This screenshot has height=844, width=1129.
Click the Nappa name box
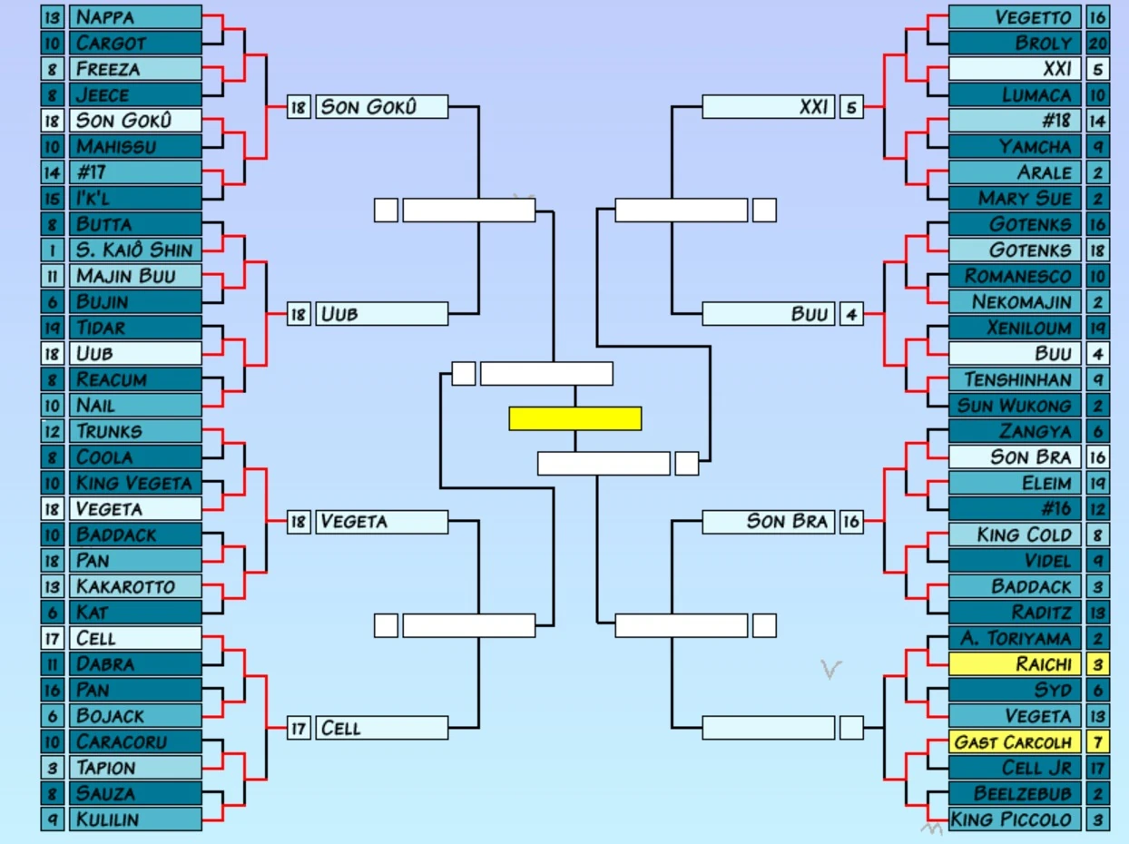point(135,17)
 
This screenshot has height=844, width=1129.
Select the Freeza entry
point(135,69)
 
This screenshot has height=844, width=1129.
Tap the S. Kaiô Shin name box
point(135,250)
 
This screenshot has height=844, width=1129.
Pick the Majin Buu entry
point(135,276)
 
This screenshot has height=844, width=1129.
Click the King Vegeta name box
point(135,483)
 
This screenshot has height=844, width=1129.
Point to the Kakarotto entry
point(135,586)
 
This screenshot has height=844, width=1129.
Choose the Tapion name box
point(135,768)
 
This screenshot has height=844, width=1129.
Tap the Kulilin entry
point(135,819)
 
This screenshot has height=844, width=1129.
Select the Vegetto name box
point(1015,17)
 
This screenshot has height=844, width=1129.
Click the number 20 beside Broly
point(1097,44)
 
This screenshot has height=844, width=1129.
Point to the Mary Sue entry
point(1015,198)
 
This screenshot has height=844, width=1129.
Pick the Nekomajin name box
point(1015,302)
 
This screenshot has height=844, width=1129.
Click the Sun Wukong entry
point(1015,406)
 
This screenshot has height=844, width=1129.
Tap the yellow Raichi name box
point(1015,664)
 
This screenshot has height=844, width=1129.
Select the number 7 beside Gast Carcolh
point(1097,741)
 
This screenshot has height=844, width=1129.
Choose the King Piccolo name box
point(1015,819)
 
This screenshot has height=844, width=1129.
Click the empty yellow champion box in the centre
point(575,418)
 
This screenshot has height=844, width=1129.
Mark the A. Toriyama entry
point(1015,638)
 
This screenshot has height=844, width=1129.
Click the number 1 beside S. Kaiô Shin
point(53,250)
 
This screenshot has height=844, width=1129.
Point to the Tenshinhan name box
point(1015,379)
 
